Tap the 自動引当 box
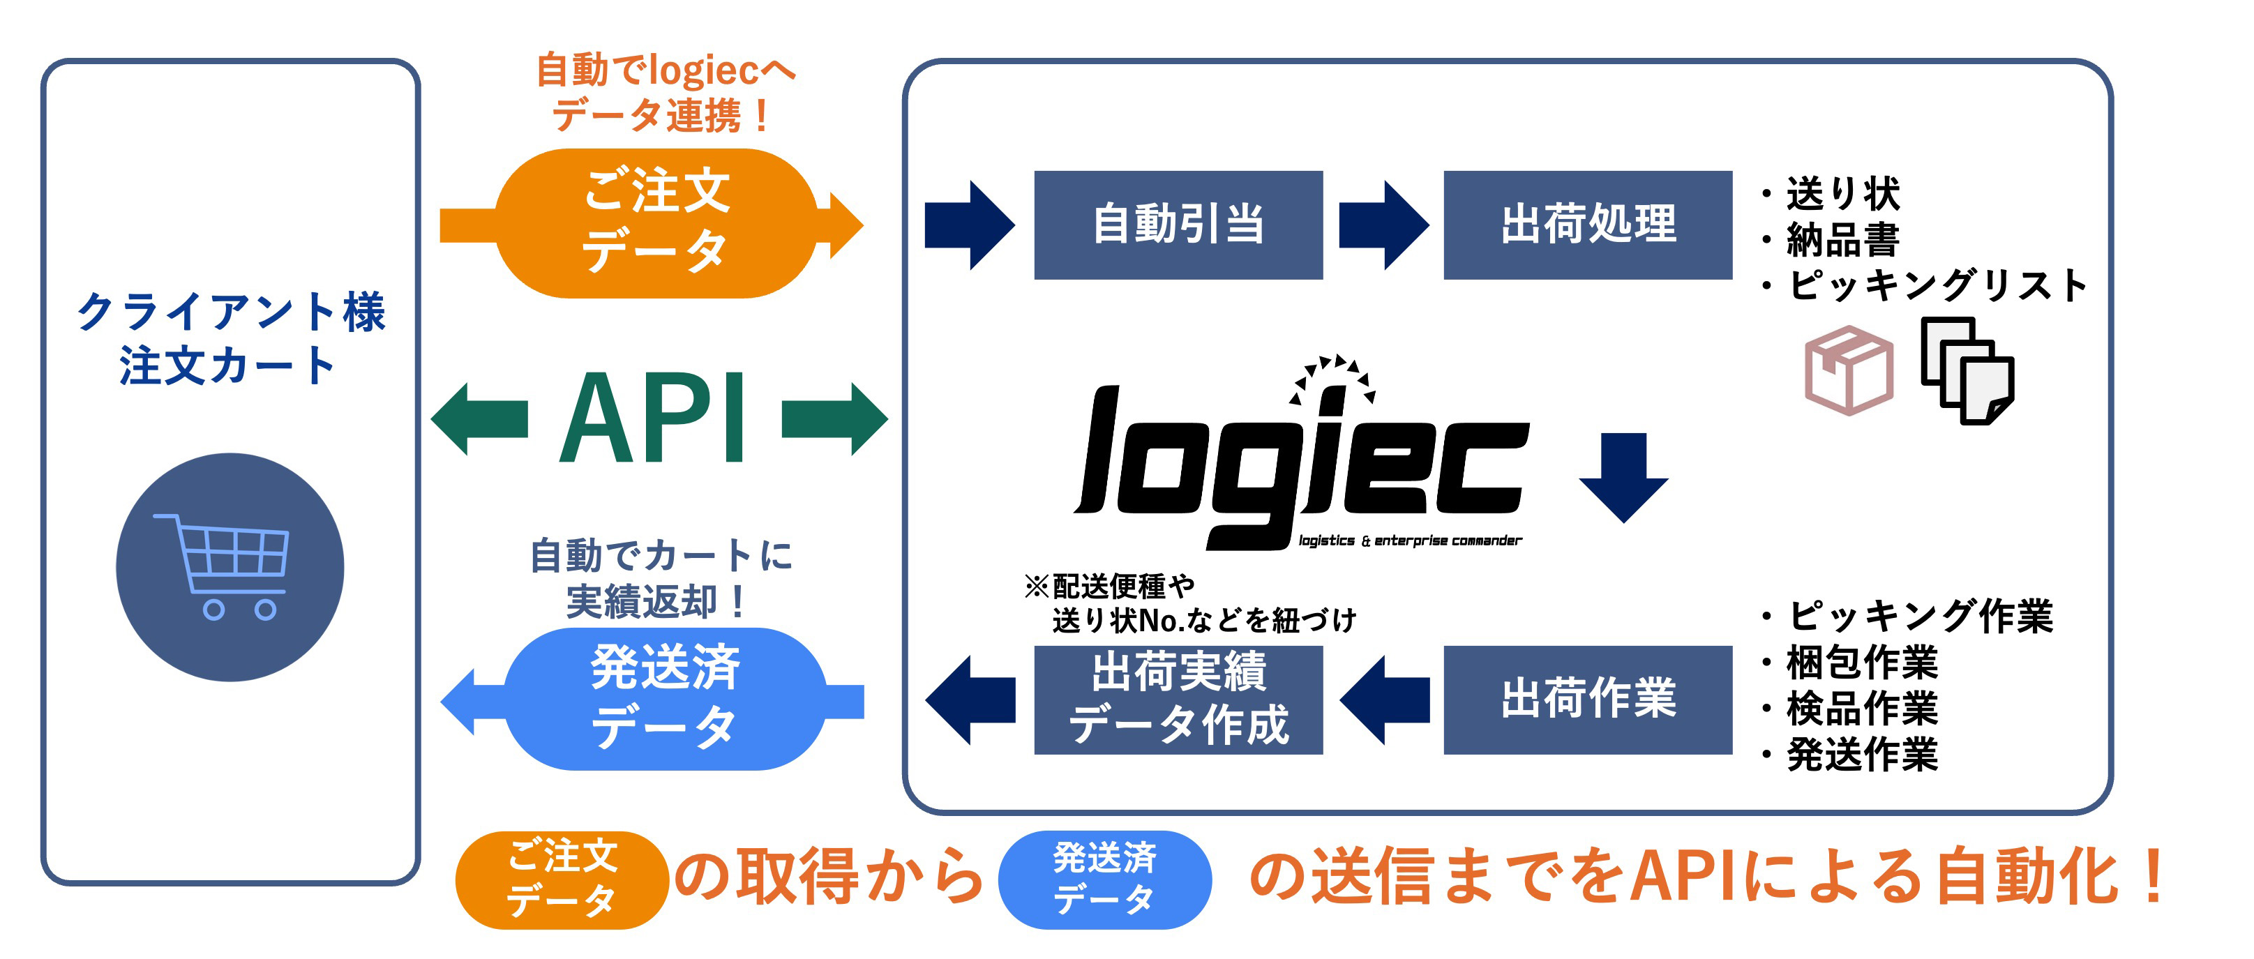[1178, 225]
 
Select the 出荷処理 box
[1587, 225]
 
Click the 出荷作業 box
[1587, 699]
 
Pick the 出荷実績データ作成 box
[1178, 699]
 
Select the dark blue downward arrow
[1623, 477]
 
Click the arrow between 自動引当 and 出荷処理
[1383, 225]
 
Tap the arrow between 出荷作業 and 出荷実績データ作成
[1383, 699]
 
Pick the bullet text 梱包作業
[1861, 663]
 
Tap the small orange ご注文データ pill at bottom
[562, 879]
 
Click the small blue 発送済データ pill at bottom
[1104, 879]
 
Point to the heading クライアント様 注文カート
[230, 339]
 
